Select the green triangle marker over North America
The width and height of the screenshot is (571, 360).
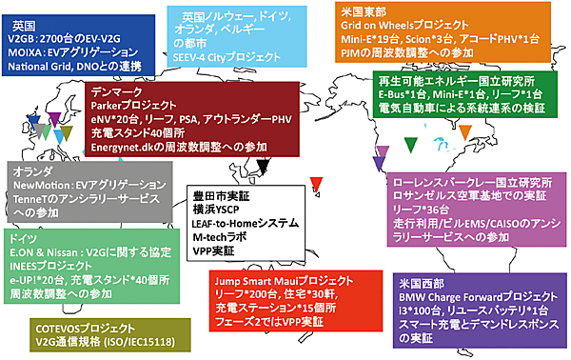coord(410,145)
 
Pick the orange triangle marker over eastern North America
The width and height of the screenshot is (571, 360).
coord(441,143)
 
